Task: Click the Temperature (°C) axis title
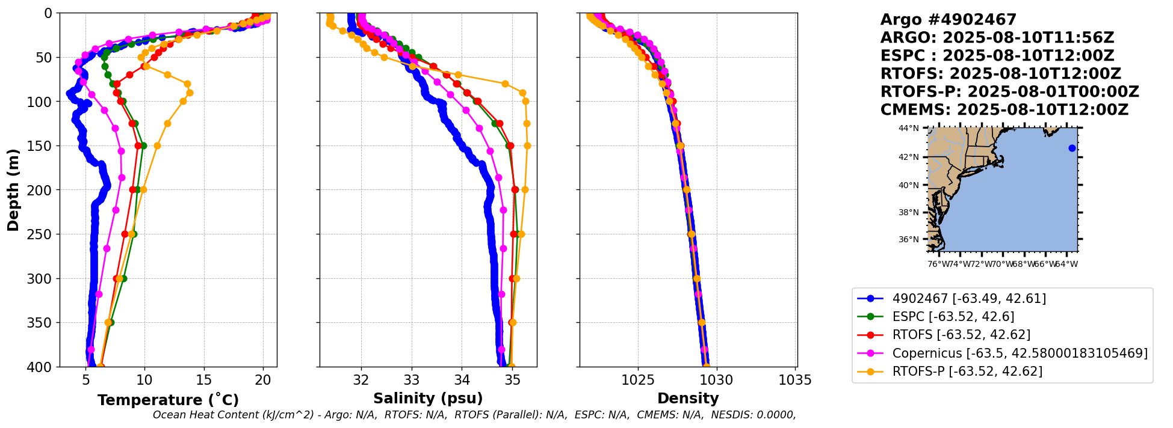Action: [x=168, y=400]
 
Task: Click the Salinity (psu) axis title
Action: [x=428, y=399]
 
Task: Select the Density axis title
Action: [x=688, y=399]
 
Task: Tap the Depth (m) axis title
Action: [x=13, y=190]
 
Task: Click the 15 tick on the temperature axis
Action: [x=204, y=380]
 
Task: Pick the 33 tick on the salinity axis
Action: [x=412, y=380]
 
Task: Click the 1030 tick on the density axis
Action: [x=717, y=380]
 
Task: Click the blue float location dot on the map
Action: [x=1072, y=148]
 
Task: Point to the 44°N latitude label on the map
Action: [x=909, y=128]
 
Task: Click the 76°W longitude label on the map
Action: [x=937, y=264]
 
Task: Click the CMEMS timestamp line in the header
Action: [x=1004, y=110]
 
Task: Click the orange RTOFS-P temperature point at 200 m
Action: [x=143, y=189]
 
